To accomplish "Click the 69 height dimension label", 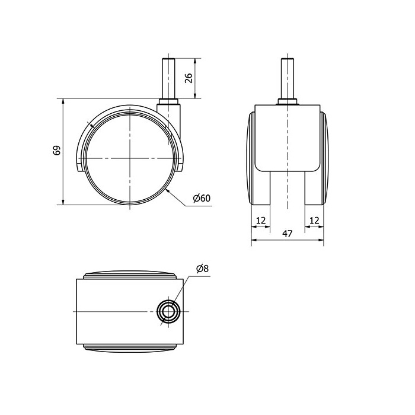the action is tap(57, 150).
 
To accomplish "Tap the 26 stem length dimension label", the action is tap(189, 78).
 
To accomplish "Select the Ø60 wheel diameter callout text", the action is tap(202, 198).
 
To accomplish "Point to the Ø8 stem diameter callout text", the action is tap(203, 269).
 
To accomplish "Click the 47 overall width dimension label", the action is tap(287, 234).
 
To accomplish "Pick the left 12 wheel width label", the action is tap(261, 220).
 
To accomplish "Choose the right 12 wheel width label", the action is tap(314, 220).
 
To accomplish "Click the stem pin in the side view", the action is tap(168, 79).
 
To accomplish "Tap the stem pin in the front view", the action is tap(288, 79).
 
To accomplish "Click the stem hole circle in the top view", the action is tap(168, 311).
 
